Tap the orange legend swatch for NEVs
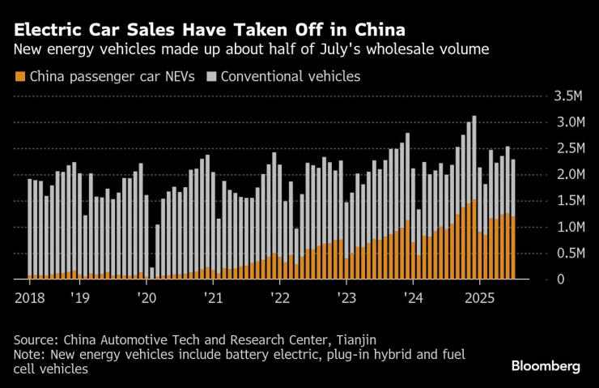click(19, 78)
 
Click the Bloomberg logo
click(546, 366)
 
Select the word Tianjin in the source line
click(353, 339)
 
